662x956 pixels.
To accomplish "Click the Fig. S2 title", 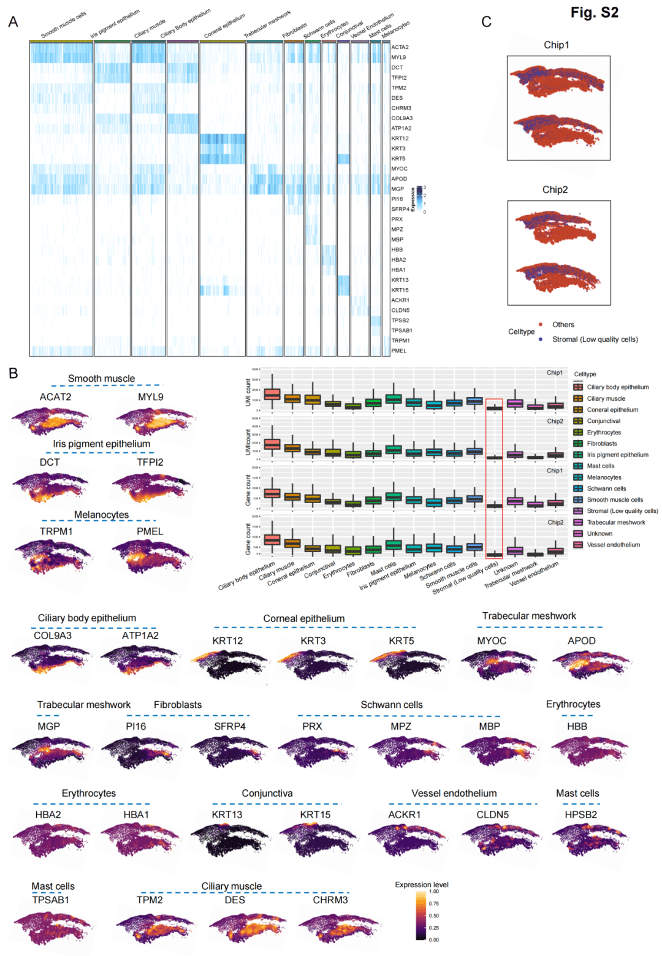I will click(x=594, y=13).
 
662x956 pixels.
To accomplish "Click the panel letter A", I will click(x=13, y=22).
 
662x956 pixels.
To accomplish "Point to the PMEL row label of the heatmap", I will click(x=398, y=351).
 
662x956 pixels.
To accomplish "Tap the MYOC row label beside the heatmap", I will click(x=399, y=169).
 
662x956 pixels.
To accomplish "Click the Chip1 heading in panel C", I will click(x=556, y=45).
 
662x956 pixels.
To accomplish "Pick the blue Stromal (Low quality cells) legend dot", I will click(x=541, y=339).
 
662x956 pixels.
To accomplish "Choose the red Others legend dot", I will click(x=541, y=324).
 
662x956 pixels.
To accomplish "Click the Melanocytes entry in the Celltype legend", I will click(x=604, y=477).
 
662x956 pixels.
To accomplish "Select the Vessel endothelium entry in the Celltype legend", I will click(x=613, y=545).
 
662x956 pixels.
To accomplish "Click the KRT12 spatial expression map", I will click(x=228, y=664).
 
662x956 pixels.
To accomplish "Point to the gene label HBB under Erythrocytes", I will click(x=577, y=726).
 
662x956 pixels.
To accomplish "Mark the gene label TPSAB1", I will click(x=51, y=900).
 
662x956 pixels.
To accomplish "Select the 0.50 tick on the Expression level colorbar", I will click(x=434, y=916).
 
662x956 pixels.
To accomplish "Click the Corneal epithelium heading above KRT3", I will click(x=304, y=618).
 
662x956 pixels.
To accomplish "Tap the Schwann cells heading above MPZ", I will click(x=392, y=705).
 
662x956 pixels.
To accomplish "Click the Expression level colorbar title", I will click(x=422, y=884).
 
